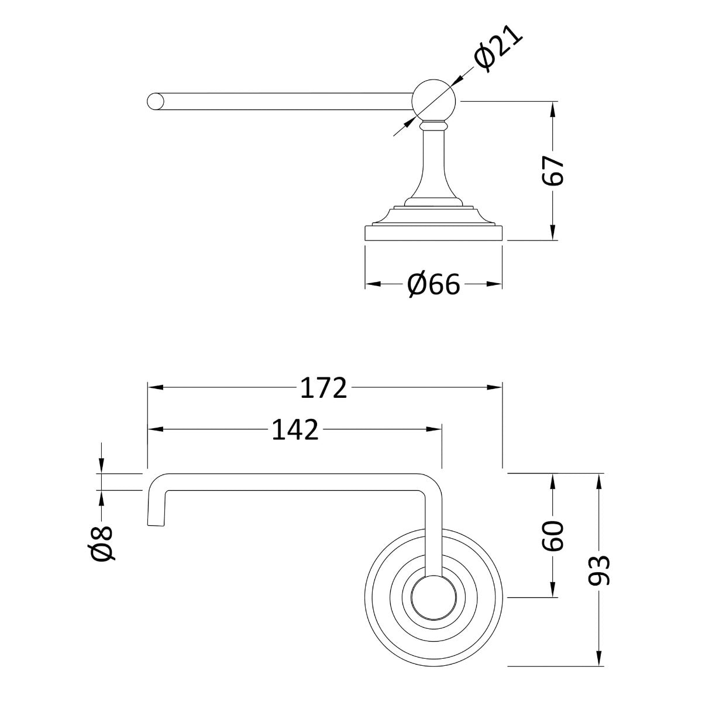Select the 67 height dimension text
click(x=552, y=171)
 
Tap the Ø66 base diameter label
click(x=433, y=285)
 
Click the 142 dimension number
click(x=295, y=430)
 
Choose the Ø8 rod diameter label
click(x=102, y=543)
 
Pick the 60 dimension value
click(x=552, y=535)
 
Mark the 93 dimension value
click(x=598, y=570)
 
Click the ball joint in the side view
click(x=434, y=99)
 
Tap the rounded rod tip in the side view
click(x=154, y=101)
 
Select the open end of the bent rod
click(x=156, y=522)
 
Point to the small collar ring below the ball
click(x=433, y=125)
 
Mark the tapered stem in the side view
click(x=433, y=170)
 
